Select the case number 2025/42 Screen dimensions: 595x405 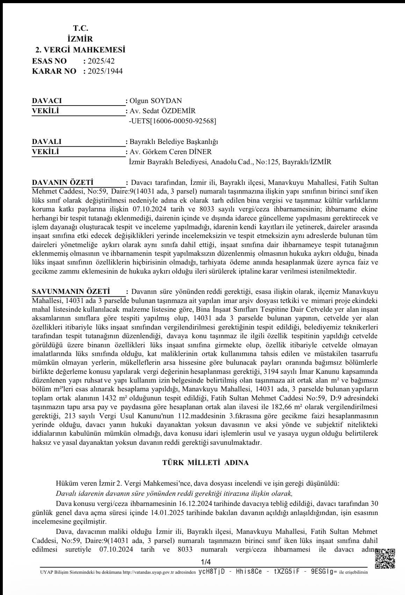(101, 61)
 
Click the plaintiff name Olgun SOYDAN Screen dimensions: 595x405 (156, 101)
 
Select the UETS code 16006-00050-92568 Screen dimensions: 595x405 (173, 121)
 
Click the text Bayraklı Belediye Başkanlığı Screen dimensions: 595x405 (174, 142)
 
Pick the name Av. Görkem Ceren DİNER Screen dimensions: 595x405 (171, 152)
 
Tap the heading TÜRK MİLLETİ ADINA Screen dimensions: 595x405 (205, 463)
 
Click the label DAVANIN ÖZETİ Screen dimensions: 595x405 (63, 182)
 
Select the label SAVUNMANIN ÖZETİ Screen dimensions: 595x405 (71, 291)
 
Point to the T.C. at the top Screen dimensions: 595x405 (80, 28)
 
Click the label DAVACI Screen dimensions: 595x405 (47, 101)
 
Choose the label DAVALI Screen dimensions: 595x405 (47, 142)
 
